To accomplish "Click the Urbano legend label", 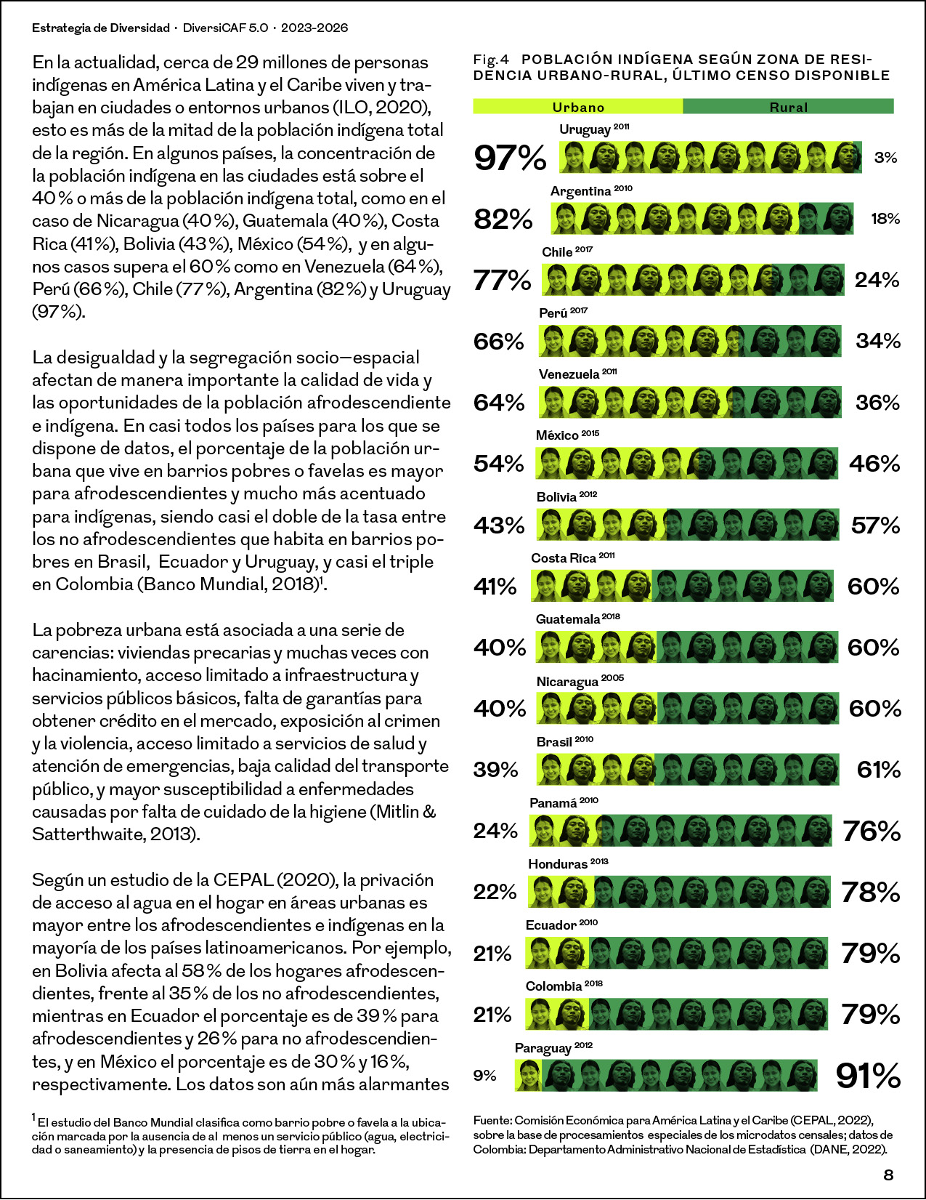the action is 578,107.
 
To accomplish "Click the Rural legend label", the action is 788,107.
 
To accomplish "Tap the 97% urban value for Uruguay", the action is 510,158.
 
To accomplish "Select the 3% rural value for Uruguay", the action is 886,158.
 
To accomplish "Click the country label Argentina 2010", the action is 591,191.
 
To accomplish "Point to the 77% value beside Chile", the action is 502,280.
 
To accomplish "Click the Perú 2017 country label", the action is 563,313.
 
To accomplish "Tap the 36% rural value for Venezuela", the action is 878,403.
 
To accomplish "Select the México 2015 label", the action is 567,435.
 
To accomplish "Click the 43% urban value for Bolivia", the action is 499,525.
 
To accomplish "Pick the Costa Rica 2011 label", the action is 573,557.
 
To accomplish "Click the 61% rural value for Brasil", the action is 879,769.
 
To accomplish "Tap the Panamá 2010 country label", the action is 564,803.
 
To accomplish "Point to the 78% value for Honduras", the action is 871,893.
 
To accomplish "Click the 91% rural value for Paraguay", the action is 868,1076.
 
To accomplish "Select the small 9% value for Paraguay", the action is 484,1076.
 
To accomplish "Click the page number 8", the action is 888,1176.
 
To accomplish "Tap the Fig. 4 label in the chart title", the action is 491,59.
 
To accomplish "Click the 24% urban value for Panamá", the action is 495,831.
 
